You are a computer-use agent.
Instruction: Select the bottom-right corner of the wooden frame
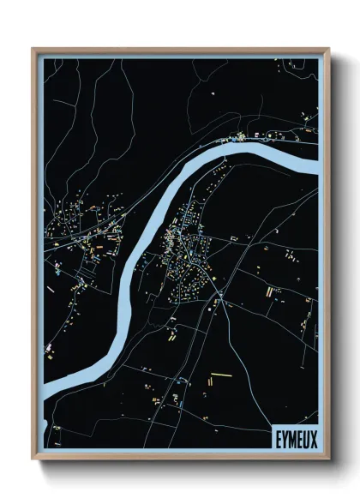coord(328,460)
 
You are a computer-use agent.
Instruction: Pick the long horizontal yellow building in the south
coord(221,375)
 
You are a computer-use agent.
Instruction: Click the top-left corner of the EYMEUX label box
coord(270,424)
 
